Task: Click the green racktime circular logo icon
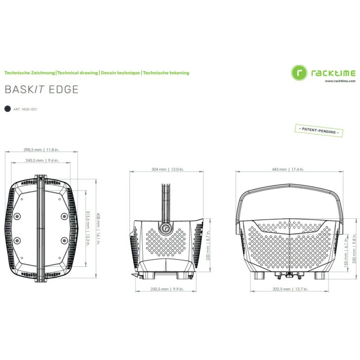point(299,73)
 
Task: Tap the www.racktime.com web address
point(340,81)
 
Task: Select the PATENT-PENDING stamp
point(319,130)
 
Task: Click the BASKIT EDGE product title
point(41,90)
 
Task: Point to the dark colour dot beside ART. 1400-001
point(8,109)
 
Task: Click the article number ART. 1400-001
point(25,109)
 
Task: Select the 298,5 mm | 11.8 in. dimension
point(41,150)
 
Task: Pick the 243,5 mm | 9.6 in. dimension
point(42,161)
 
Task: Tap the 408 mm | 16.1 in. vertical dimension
point(98,229)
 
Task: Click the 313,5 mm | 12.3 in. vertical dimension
point(88,229)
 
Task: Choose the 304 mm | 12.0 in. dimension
point(167,170)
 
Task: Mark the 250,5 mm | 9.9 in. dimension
point(167,289)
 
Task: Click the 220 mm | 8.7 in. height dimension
point(208,245)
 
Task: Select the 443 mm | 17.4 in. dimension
point(288,170)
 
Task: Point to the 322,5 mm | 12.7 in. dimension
point(290,289)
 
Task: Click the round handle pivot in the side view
point(165,229)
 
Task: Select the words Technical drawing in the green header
point(77,73)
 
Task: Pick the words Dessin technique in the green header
point(120,73)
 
